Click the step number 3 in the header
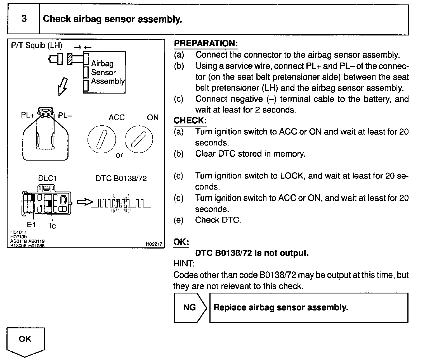point(24,19)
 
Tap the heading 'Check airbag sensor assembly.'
point(112,19)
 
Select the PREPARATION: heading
point(206,43)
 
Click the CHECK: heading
point(190,121)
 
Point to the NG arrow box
point(190,307)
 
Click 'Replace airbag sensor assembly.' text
point(281,307)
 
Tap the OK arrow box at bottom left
point(25,341)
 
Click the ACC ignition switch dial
point(101,138)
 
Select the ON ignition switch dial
point(139,138)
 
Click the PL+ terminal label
point(27,115)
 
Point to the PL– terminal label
point(65,115)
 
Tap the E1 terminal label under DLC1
point(31,225)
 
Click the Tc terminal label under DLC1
point(52,225)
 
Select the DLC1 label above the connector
point(47,178)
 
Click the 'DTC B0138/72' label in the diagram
point(121,178)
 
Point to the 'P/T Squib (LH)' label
point(37,45)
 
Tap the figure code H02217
point(154,244)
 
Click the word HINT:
point(184,264)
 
